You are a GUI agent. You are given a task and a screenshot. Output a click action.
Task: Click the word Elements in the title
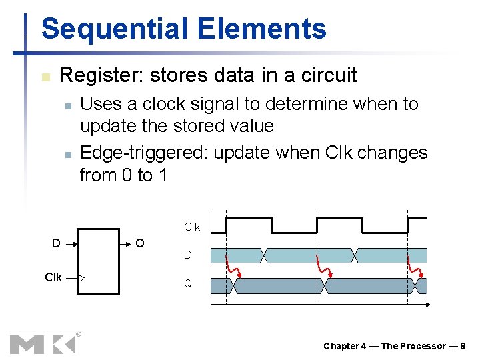tap(262, 29)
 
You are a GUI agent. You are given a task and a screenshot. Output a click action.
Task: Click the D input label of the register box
tap(57, 244)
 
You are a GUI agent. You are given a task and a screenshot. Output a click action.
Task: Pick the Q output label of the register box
tap(140, 244)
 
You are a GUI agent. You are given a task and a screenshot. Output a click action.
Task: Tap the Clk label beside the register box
tap(53, 277)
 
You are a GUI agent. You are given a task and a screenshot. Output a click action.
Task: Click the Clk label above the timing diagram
tap(191, 227)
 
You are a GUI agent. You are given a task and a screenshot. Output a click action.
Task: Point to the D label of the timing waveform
tap(188, 255)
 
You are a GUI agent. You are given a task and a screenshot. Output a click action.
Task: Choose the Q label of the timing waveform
tap(188, 284)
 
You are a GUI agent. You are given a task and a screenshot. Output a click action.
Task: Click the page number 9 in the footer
tap(463, 346)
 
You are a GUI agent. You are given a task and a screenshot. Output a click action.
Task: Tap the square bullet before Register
tap(45, 77)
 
